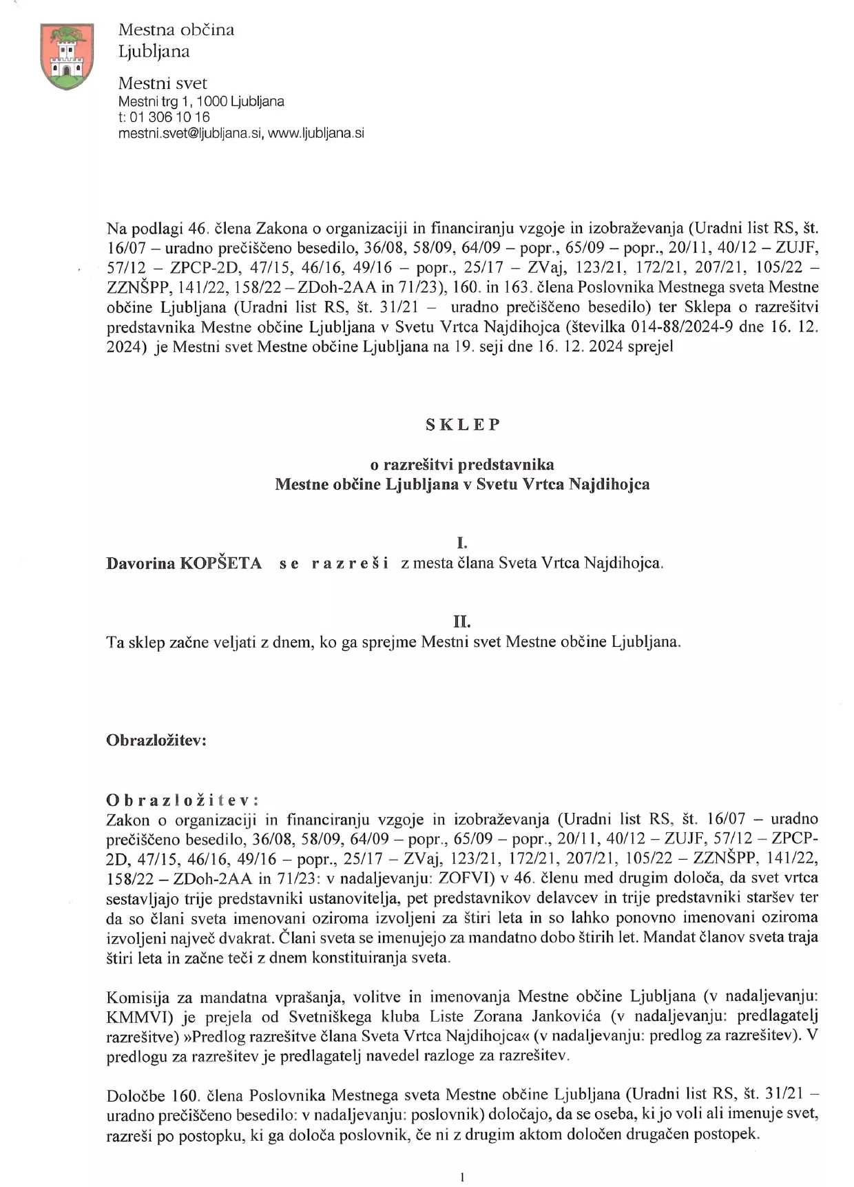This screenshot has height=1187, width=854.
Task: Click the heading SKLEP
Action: [462, 424]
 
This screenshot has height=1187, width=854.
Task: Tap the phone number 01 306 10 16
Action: [169, 117]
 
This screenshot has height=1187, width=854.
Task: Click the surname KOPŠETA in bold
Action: [221, 564]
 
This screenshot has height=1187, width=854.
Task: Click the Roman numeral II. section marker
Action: [461, 622]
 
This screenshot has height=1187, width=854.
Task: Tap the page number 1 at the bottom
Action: [462, 1177]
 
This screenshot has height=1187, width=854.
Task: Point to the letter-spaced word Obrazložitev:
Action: [183, 800]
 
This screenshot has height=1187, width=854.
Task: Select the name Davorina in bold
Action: [140, 564]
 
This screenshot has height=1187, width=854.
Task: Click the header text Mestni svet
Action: [163, 83]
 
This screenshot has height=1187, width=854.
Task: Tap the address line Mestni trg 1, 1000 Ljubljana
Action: [201, 101]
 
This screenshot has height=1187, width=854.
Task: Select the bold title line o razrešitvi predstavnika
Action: [462, 464]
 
